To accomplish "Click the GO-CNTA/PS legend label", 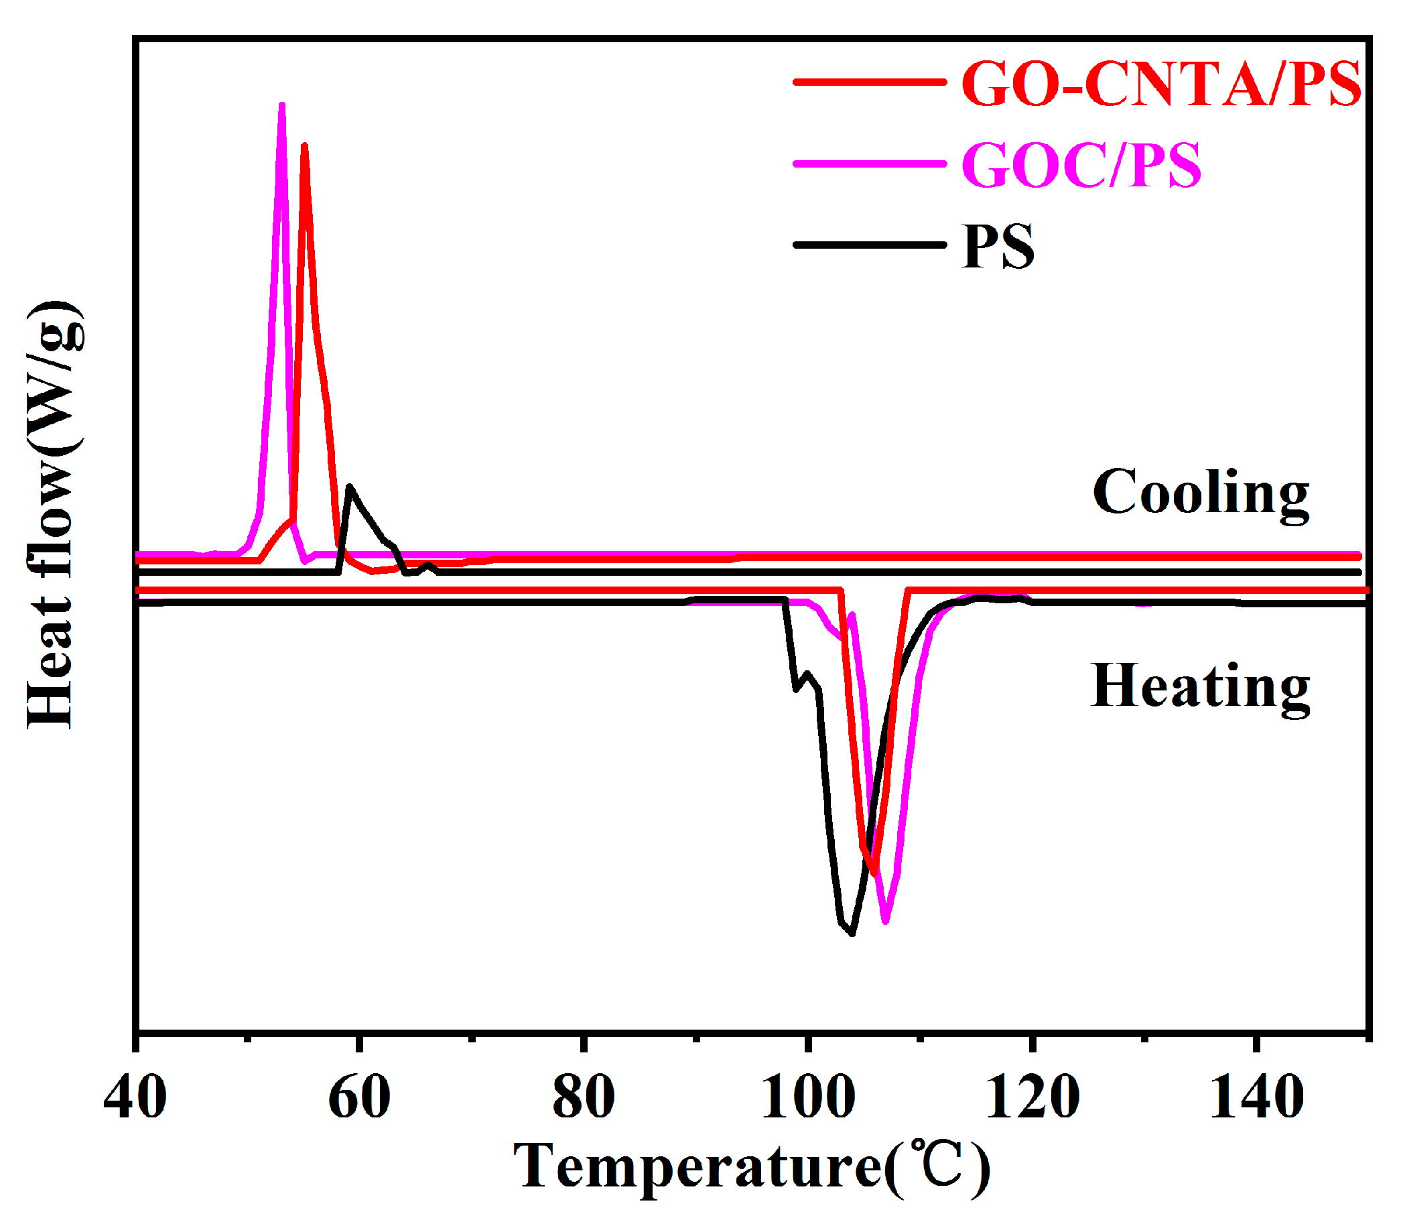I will tap(1160, 83).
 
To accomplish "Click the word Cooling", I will tap(1200, 493).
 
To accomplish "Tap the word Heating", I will tap(1199, 687).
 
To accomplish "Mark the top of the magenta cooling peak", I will tap(281, 105).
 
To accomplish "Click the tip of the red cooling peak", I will tap(304, 145).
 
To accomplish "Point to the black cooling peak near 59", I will tap(350, 487).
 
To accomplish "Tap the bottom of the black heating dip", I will tap(852, 933).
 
